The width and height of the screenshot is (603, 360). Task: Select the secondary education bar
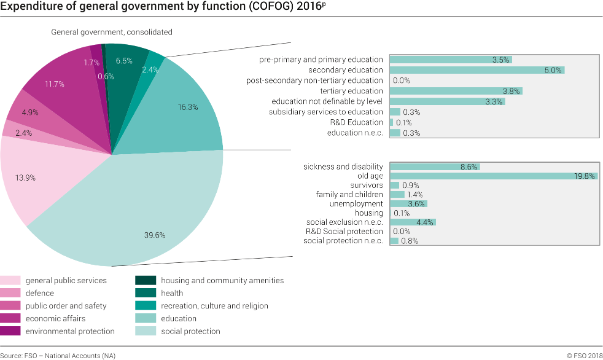point(476,70)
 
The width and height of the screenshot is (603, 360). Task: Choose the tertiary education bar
point(455,91)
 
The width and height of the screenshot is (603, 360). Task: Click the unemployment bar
point(408,204)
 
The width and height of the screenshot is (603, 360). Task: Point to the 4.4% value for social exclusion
point(425,222)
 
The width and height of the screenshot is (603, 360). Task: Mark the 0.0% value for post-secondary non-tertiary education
point(401,80)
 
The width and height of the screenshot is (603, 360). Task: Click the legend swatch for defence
point(10,293)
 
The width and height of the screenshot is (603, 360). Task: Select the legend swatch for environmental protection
point(10,331)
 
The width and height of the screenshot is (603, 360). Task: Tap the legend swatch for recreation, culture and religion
point(145,306)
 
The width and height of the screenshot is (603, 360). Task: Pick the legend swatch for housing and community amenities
point(145,280)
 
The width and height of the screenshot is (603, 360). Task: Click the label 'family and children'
point(349,195)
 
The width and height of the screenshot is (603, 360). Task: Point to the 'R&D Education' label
point(357,122)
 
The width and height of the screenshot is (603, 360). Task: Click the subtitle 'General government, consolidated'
point(111,32)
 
